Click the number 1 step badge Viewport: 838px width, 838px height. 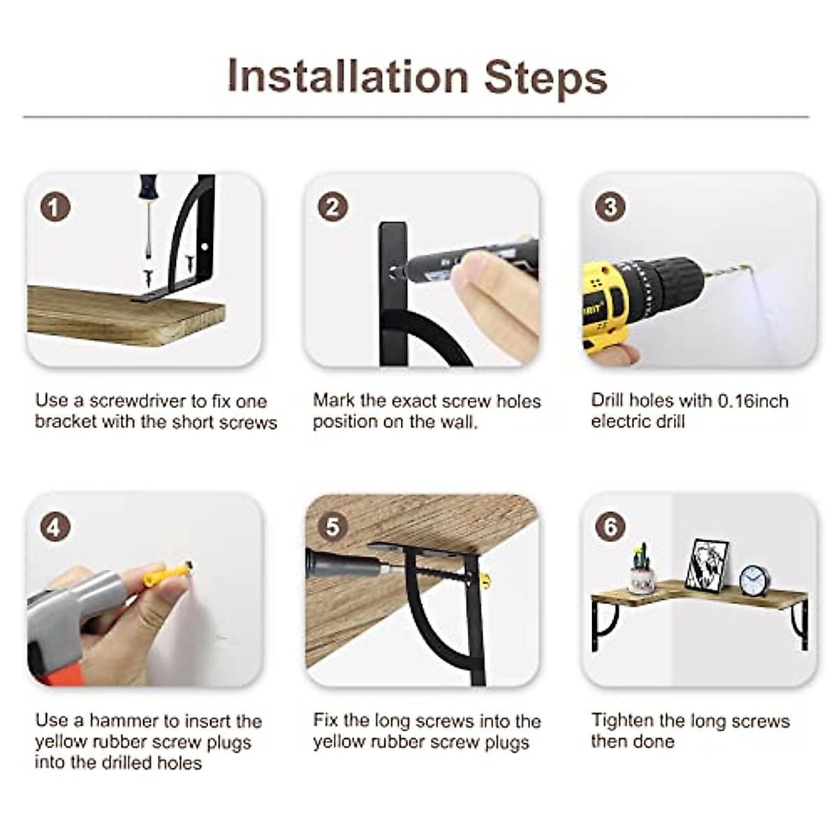click(56, 207)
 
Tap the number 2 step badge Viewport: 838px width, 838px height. click(333, 207)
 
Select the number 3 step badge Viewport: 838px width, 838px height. click(610, 207)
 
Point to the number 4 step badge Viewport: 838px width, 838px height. click(56, 527)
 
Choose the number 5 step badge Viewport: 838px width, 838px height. click(333, 527)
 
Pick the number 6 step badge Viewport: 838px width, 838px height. click(610, 527)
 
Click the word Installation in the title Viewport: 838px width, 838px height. click(348, 76)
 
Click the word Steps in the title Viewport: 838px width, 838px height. click(546, 79)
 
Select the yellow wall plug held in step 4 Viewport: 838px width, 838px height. click(168, 573)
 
